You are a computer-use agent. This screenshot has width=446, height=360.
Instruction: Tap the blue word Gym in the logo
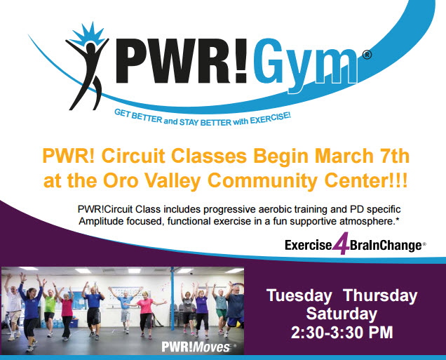pyautogui.click(x=305, y=66)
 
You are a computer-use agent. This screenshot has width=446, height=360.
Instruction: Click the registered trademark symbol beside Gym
pyautogui.click(x=367, y=55)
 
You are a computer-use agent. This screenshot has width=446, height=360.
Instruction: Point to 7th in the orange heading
pyautogui.click(x=394, y=156)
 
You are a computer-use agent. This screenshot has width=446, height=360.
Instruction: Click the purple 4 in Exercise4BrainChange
pyautogui.click(x=341, y=244)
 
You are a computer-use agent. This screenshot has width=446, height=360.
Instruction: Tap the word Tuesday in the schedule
pyautogui.click(x=299, y=296)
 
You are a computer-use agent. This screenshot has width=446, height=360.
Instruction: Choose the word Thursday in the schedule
pyautogui.click(x=380, y=296)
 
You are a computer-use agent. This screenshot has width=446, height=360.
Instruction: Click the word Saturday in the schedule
pyautogui.click(x=342, y=314)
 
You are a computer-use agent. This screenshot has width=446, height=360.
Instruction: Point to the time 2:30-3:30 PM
pyautogui.click(x=342, y=333)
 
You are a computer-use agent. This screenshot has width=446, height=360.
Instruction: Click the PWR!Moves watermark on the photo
pyautogui.click(x=196, y=347)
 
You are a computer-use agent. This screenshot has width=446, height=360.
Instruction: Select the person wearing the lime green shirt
pyautogui.click(x=50, y=309)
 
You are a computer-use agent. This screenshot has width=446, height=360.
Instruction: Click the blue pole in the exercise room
pyautogui.click(x=173, y=299)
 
